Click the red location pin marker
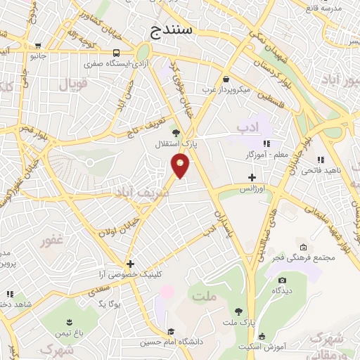point(181,165)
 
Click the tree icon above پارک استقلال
point(175,132)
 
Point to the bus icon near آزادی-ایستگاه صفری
point(115,53)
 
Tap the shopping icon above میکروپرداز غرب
point(226,79)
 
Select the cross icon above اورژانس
point(252,178)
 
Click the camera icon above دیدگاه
point(282,280)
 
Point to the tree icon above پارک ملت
point(239,311)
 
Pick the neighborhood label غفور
point(52,240)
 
